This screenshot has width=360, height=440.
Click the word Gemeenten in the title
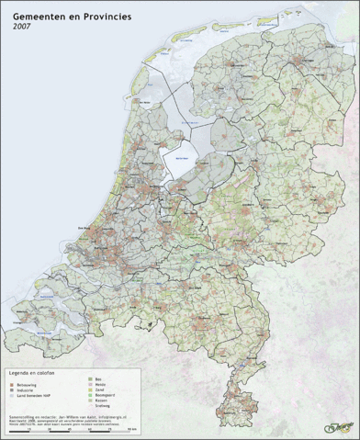40,17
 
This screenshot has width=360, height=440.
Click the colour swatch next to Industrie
11,390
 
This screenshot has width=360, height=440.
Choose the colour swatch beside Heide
89,383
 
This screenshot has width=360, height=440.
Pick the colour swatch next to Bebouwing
11,384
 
